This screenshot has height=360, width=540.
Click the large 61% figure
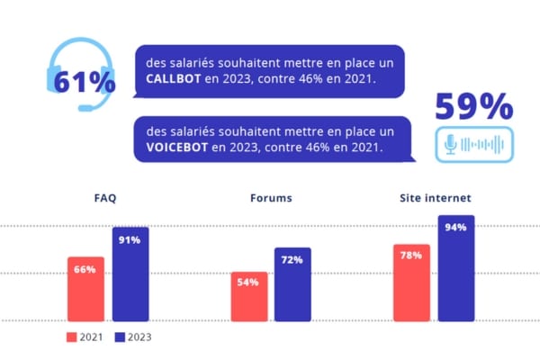point(85,81)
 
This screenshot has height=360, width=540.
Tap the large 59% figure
point(473,107)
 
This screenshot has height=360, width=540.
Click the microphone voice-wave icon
point(473,144)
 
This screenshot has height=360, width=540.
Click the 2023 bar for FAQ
point(130,274)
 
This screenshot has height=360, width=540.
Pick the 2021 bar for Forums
point(248,296)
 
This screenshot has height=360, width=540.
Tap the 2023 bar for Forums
point(292,283)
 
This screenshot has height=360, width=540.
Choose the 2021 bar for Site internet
point(411,282)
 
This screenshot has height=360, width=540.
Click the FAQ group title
point(105,197)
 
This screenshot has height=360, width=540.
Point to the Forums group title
point(271,197)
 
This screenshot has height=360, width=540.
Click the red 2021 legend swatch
point(72,337)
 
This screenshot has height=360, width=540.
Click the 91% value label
point(130,239)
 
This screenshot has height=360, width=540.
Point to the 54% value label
point(248,282)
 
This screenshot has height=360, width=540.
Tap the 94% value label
point(455,227)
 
